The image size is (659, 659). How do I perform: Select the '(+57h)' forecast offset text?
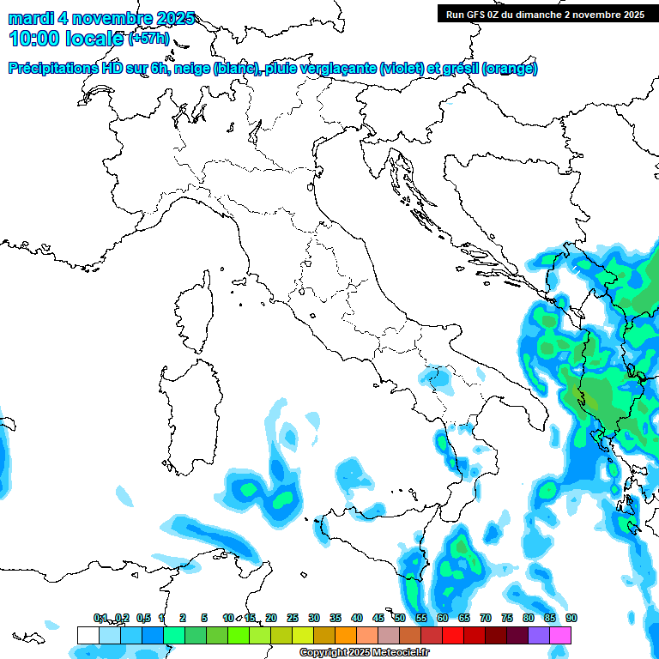[150, 39]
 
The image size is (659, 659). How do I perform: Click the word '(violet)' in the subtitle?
[406, 69]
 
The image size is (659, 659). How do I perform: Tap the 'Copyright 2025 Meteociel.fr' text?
[365, 653]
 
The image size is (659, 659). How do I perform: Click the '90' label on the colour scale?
[571, 618]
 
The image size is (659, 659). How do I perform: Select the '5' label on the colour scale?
[204, 618]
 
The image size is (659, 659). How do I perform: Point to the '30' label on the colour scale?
[314, 618]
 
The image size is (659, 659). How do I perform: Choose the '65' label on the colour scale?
[464, 618]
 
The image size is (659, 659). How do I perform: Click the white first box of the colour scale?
[88, 635]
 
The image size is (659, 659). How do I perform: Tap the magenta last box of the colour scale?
[560, 635]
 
